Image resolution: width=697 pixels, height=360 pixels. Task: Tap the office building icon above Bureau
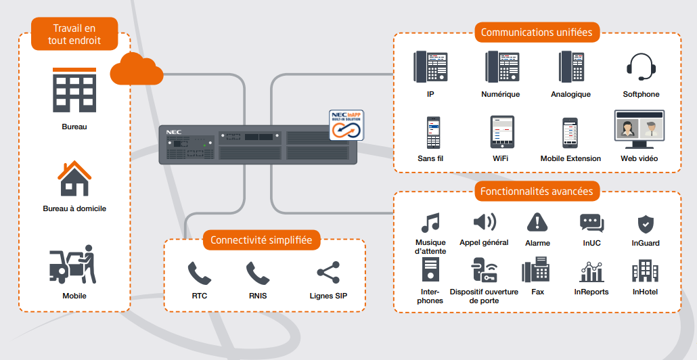(74, 89)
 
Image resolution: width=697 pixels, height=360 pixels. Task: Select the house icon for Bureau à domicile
(74, 178)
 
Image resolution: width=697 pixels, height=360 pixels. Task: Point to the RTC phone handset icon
(199, 273)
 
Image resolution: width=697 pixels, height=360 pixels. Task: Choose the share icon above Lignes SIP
(328, 273)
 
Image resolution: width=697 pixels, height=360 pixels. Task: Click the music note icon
(430, 223)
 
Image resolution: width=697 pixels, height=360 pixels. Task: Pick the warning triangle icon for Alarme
(537, 222)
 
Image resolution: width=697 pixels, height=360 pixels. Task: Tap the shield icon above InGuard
(645, 224)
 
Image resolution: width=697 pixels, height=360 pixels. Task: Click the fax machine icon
(535, 272)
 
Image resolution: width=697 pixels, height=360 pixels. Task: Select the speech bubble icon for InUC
(591, 223)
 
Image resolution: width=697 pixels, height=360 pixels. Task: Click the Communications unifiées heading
(536, 32)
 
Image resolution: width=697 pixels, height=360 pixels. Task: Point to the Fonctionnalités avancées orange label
(536, 192)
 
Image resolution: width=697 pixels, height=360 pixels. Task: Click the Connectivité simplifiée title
(261, 240)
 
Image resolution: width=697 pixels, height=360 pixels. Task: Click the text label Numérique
(500, 94)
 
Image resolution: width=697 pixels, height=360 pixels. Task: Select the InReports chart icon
(591, 272)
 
